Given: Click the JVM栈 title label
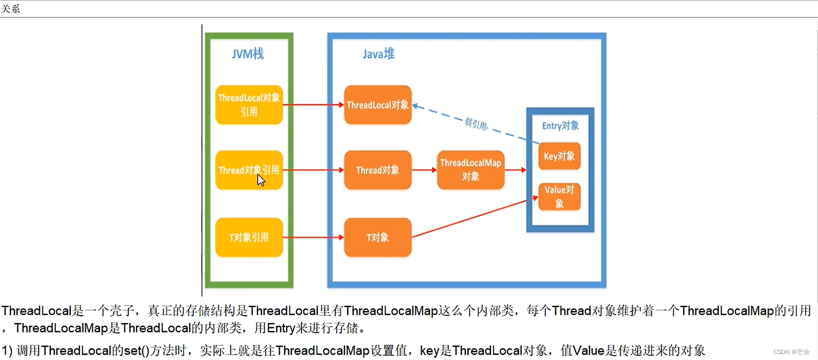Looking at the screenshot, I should pyautogui.click(x=247, y=54).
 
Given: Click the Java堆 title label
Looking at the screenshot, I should pyautogui.click(x=378, y=54).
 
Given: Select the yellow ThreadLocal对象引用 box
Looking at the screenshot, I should pyautogui.click(x=249, y=105).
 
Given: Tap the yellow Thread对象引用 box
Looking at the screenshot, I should pyautogui.click(x=249, y=170).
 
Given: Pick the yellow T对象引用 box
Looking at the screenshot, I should pyautogui.click(x=249, y=237).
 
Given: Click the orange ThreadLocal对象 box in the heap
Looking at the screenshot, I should pyautogui.click(x=378, y=105).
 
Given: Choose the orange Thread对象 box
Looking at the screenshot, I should pyautogui.click(x=378, y=170).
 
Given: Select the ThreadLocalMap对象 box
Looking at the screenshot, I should pyautogui.click(x=471, y=170).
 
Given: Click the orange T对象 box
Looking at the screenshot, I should pyautogui.click(x=378, y=237).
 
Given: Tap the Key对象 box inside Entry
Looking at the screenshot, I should pyautogui.click(x=559, y=156).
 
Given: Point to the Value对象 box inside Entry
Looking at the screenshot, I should pyautogui.click(x=559, y=196).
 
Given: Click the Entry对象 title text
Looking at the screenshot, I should pyautogui.click(x=560, y=126).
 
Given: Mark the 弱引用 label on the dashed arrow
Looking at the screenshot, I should pyautogui.click(x=476, y=124).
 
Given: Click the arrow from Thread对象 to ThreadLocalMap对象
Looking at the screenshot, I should pyautogui.click(x=424, y=170).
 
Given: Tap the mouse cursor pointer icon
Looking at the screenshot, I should pyautogui.click(x=261, y=180).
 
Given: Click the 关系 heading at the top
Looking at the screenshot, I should pyautogui.click(x=11, y=9).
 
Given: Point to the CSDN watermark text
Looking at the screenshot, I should pyautogui.click(x=791, y=352).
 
